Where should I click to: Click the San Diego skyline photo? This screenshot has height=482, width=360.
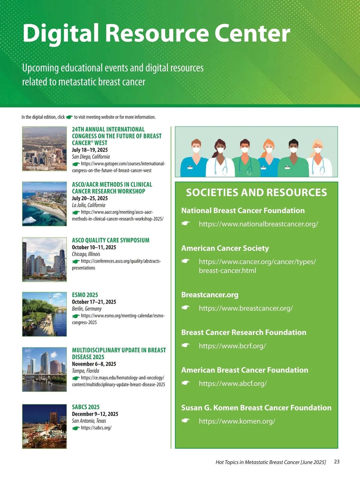[44, 149]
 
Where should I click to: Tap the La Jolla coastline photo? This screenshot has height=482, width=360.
[44, 204]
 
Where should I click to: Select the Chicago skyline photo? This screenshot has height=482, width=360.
[44, 259]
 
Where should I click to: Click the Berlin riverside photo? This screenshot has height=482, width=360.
[44, 314]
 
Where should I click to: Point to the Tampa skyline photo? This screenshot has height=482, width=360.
[44, 369]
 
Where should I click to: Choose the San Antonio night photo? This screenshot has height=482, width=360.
[44, 426]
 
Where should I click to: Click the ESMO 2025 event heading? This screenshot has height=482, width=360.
[85, 295]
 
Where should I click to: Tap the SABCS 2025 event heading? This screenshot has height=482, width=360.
[86, 407]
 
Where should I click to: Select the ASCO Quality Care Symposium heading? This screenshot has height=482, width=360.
[110, 240]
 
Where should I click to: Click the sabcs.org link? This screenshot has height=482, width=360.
[96, 428]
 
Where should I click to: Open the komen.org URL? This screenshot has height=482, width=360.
[237, 421]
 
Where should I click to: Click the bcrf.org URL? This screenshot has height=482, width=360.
[232, 346]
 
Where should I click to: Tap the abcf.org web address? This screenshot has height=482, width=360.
[233, 383]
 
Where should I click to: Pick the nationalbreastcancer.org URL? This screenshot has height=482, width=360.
[258, 224]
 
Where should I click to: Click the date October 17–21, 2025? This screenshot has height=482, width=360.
[94, 302]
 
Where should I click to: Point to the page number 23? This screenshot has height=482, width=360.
[337, 462]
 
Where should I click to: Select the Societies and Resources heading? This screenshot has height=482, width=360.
[256, 193]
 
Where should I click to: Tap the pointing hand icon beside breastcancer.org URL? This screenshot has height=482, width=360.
[186, 308]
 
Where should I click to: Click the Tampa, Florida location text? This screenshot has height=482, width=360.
[85, 371]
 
